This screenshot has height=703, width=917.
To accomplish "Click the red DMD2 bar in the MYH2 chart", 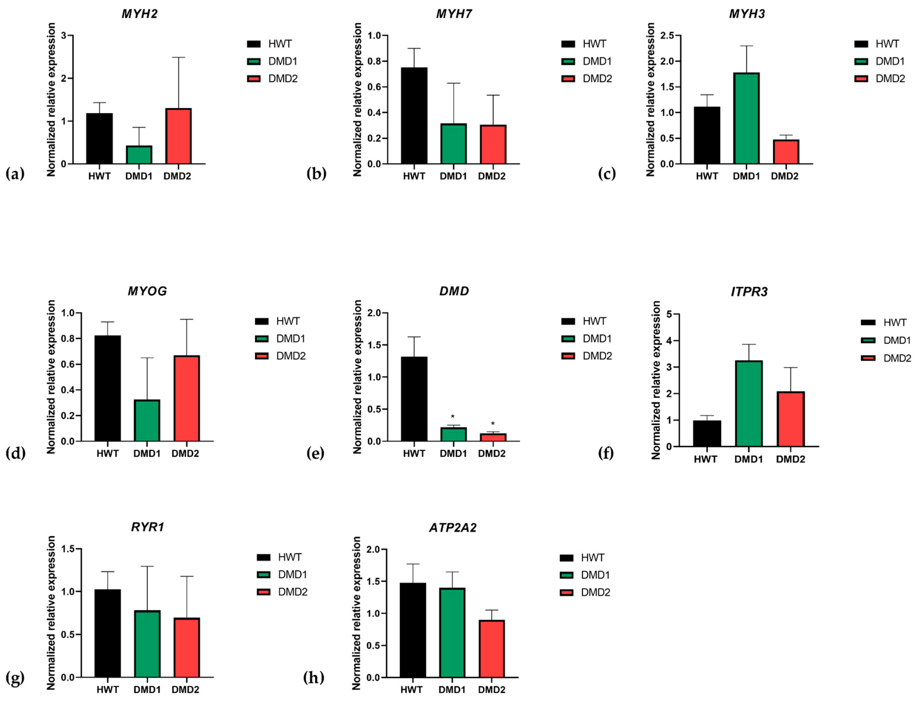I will coord(178,136).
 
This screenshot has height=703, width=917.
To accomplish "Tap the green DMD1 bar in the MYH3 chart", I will coord(746,118).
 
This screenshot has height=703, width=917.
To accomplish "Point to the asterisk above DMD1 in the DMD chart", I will coord(453,417).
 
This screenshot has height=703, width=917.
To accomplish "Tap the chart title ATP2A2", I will coord(453,527).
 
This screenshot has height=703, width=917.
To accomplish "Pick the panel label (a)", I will coord(15,173).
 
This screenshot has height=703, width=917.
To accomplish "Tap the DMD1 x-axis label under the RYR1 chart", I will coord(147,689).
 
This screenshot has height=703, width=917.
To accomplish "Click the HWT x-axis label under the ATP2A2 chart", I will coord(412,689).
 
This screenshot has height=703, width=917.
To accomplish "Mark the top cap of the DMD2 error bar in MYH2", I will coord(178,57).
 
